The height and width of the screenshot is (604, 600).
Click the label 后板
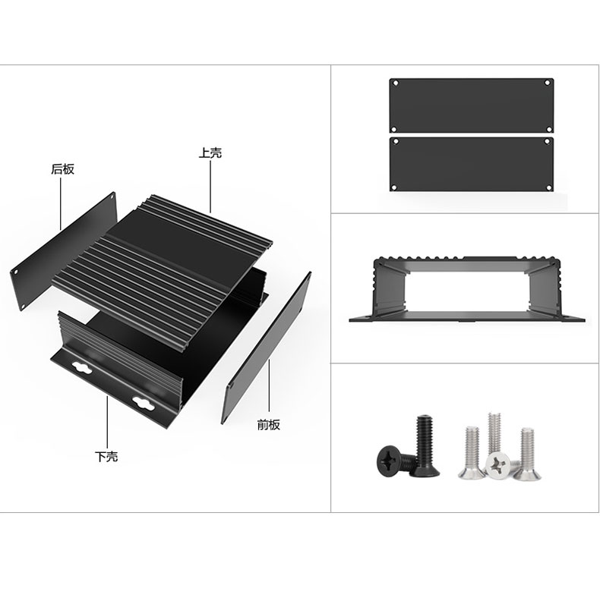tap(62, 169)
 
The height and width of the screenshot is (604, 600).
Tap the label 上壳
tap(210, 153)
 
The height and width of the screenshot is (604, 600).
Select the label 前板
tap(268, 424)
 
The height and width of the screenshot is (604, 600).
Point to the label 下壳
tap(106, 457)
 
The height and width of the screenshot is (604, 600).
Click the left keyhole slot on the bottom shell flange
tap(82, 368)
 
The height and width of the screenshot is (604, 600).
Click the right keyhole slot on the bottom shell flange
tap(143, 404)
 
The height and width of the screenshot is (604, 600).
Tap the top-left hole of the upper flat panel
tap(395, 83)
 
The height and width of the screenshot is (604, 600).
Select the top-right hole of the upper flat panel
tap(547, 83)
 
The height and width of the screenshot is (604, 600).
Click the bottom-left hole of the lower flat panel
tap(394, 187)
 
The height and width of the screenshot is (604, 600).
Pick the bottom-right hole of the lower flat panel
tap(548, 187)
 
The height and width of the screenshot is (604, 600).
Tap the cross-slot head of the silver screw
tap(497, 464)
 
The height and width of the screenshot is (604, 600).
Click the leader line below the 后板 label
tap(61, 203)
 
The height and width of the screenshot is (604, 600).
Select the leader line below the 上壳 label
tap(210, 187)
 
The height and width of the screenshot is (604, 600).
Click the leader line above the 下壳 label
tap(107, 422)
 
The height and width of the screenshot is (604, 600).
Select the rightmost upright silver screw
tap(528, 454)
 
